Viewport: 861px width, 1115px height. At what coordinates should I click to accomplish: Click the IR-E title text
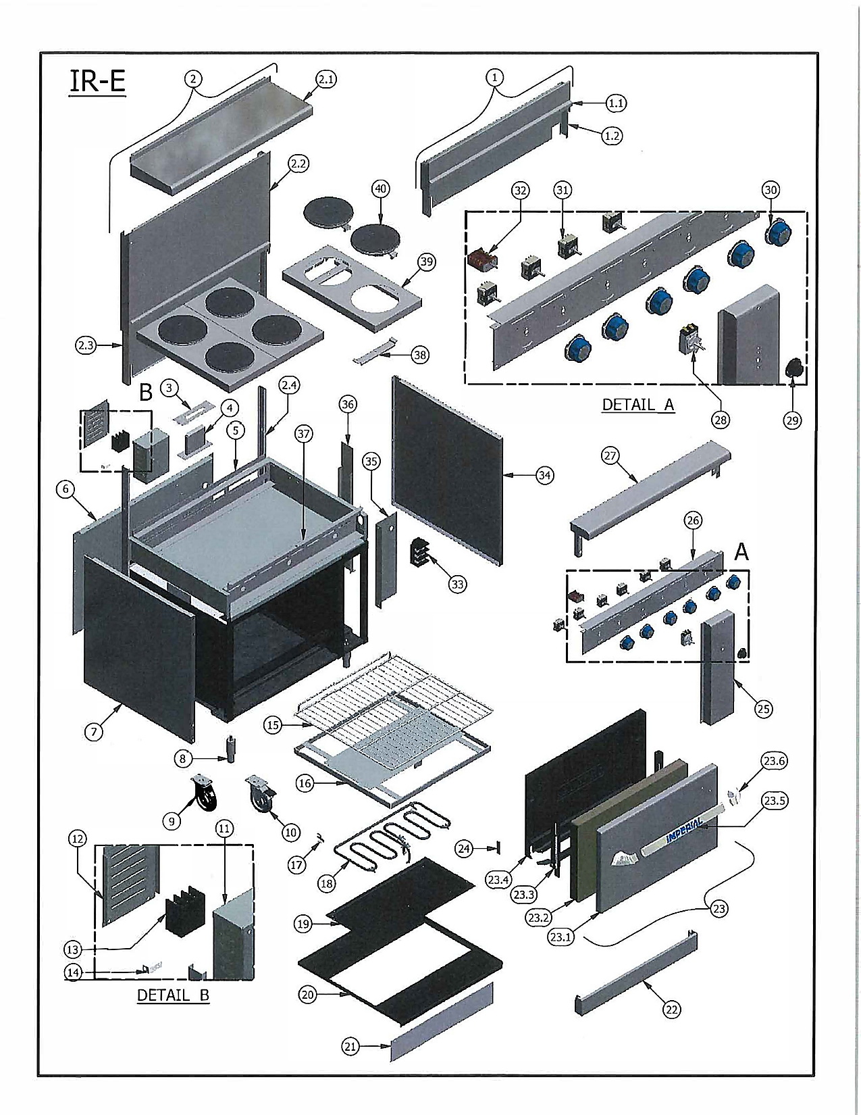(x=97, y=82)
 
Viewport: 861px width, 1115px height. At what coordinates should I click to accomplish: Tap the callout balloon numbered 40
(x=380, y=189)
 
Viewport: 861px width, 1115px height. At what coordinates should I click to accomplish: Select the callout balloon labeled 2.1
(x=326, y=80)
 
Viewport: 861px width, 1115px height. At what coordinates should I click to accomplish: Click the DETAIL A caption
(x=638, y=405)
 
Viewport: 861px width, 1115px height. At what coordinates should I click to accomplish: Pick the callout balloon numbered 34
(x=544, y=476)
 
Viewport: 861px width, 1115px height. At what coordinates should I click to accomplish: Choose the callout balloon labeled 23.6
(x=775, y=761)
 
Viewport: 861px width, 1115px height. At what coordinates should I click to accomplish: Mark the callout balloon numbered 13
(x=73, y=949)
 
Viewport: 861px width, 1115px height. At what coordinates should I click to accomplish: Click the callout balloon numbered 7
(x=93, y=732)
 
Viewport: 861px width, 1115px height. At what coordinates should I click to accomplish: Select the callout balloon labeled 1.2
(x=612, y=136)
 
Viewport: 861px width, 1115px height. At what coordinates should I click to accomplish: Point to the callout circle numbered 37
(x=304, y=434)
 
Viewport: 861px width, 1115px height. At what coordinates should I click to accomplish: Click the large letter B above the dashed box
(x=146, y=393)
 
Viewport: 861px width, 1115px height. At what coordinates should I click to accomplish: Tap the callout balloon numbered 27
(x=610, y=455)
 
